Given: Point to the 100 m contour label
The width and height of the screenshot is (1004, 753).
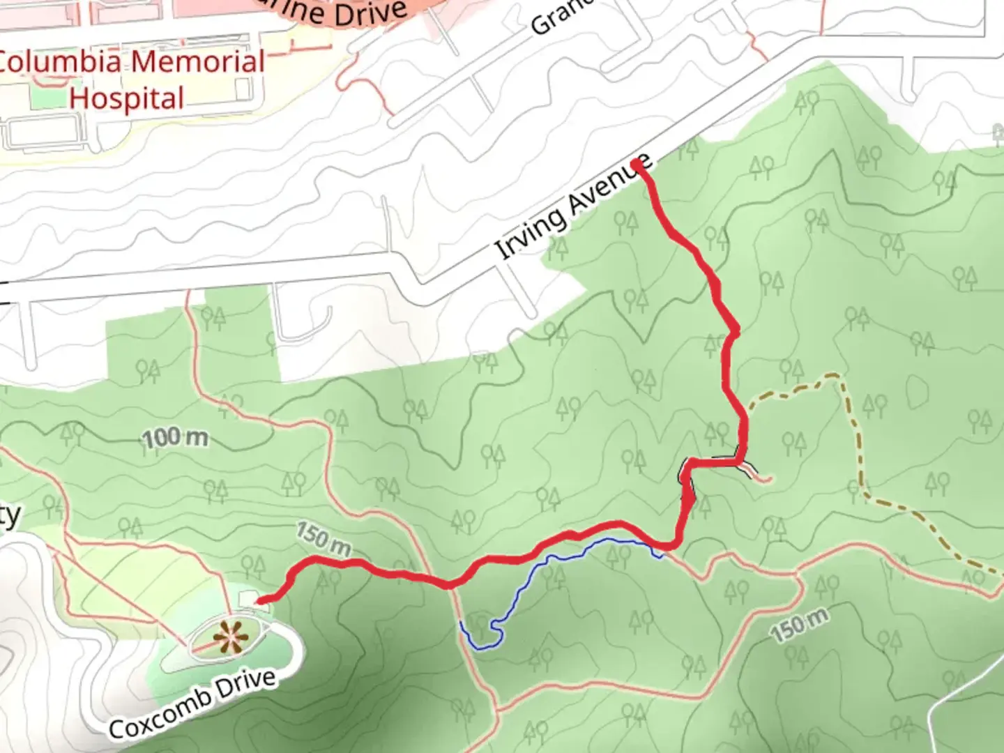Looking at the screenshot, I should click(176, 438).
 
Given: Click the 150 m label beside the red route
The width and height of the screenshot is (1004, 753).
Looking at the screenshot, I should click(323, 538).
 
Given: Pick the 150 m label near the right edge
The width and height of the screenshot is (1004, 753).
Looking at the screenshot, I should click(800, 625).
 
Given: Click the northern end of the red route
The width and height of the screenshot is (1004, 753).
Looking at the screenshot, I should click(637, 164).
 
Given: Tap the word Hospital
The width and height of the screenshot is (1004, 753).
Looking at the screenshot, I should click(126, 98).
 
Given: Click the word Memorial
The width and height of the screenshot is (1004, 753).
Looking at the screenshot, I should click(197, 62).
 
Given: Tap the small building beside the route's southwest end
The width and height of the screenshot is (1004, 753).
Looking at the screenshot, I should click(247, 599).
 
